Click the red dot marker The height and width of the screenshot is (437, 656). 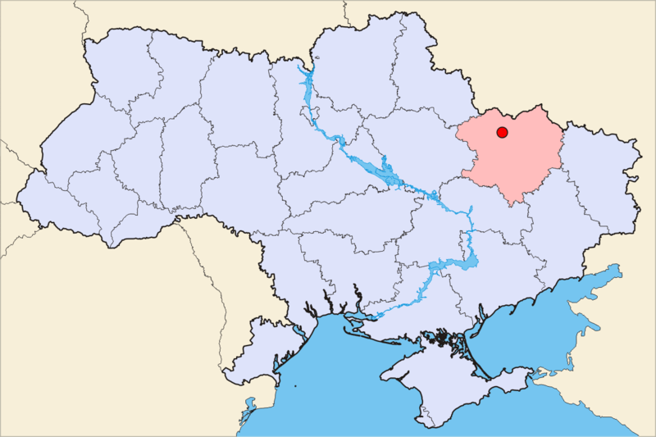(x=502, y=132)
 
